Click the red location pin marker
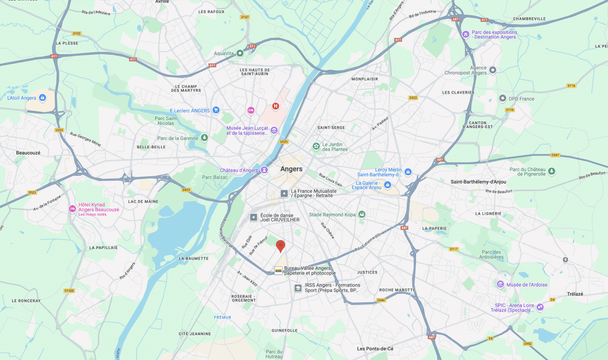coord(280,246)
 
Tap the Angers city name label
coord(291,169)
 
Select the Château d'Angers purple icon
coord(264,170)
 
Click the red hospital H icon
coord(276,106)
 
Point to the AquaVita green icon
coord(240,53)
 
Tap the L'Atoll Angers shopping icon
coord(43,98)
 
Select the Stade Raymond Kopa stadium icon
coord(362,215)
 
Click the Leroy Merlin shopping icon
coord(408,172)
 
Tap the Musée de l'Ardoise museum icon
coord(501,285)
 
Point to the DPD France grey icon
coord(503,98)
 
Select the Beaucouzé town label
coord(28,152)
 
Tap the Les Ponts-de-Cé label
coord(375,349)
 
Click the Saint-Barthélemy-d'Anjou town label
coord(478,181)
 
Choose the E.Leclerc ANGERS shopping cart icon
coord(216,110)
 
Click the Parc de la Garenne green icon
coord(204,138)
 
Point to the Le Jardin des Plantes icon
coord(316,146)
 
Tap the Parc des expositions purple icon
coord(466,34)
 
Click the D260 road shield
coord(382,300)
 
